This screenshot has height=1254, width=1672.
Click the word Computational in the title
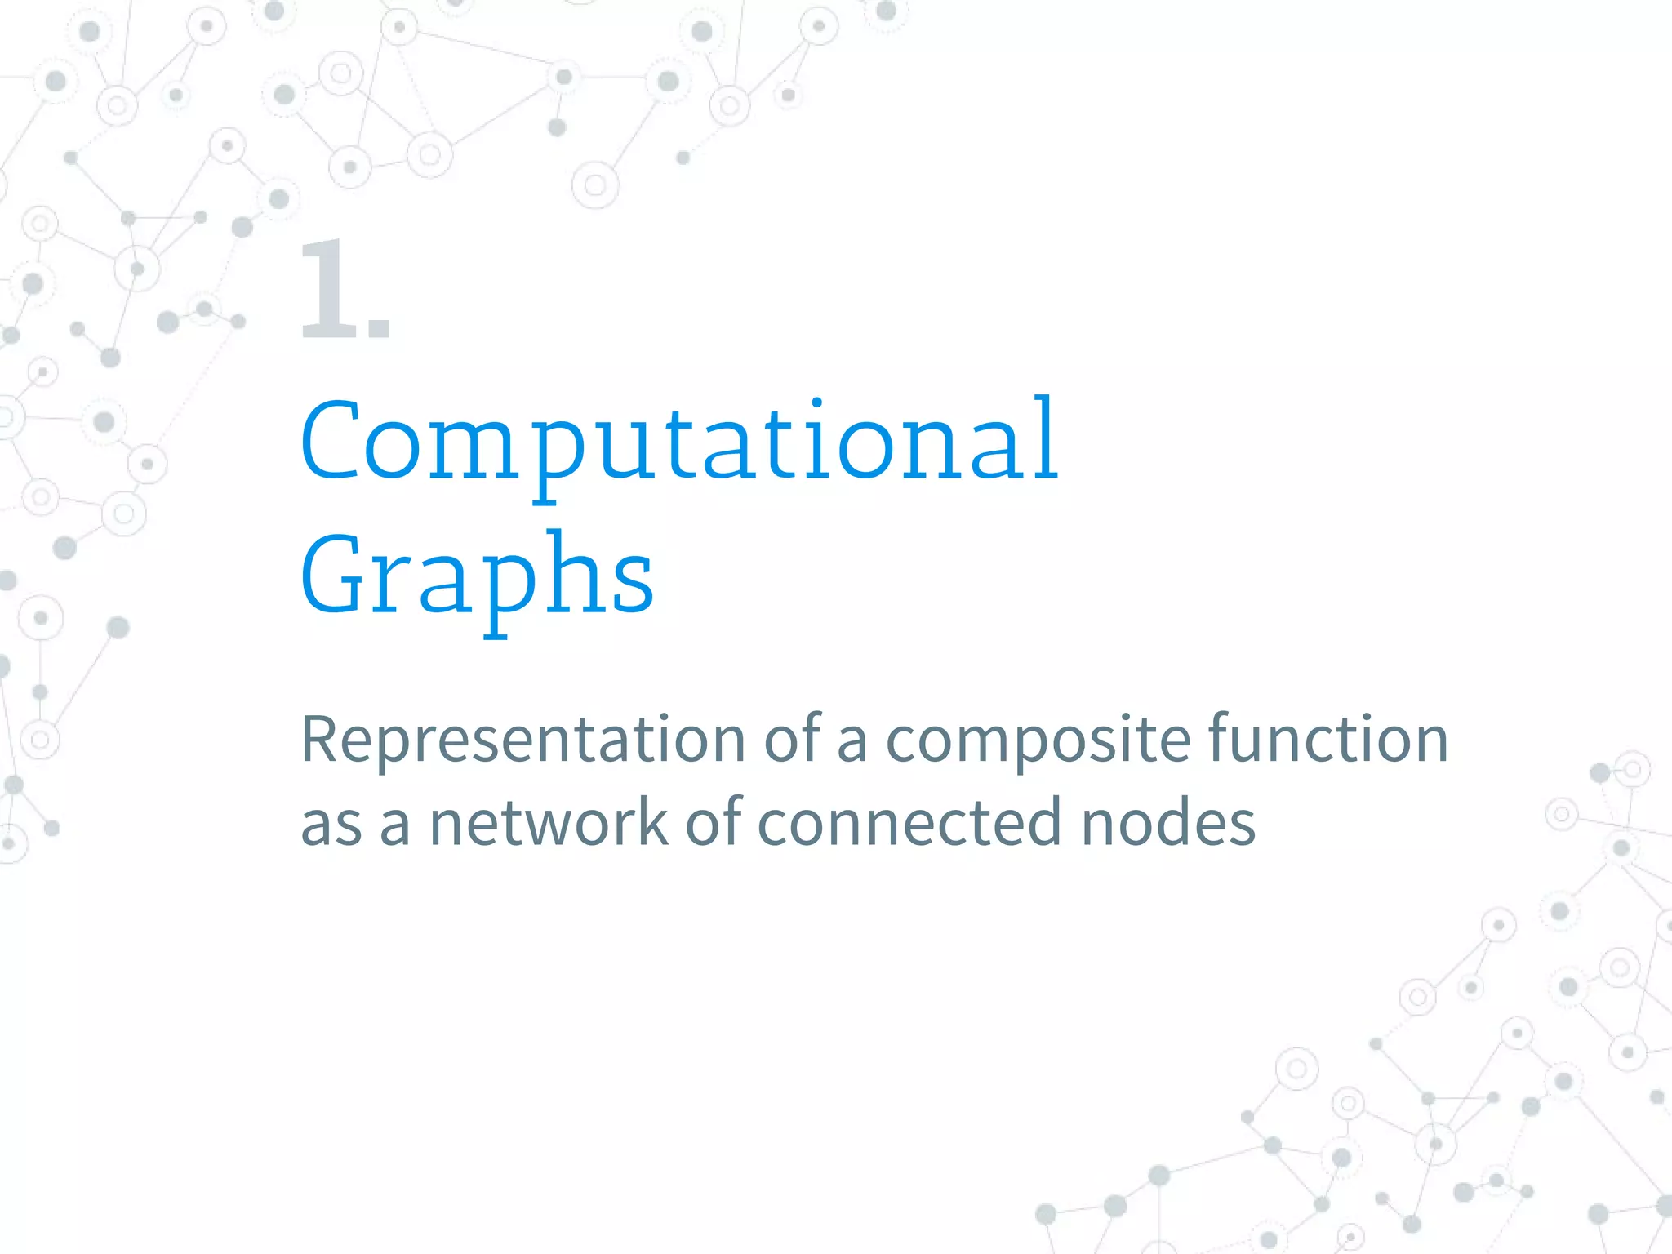679,441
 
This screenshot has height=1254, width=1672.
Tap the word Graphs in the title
478,576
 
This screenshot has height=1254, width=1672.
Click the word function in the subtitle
1328,738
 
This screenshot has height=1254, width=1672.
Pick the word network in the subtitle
549,823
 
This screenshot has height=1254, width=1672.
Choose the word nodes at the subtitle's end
1168,823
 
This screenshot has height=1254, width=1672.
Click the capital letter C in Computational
328,441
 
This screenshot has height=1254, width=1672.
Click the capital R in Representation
319,740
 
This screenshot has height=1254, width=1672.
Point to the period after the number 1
379,328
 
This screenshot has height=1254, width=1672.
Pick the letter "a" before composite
852,743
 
